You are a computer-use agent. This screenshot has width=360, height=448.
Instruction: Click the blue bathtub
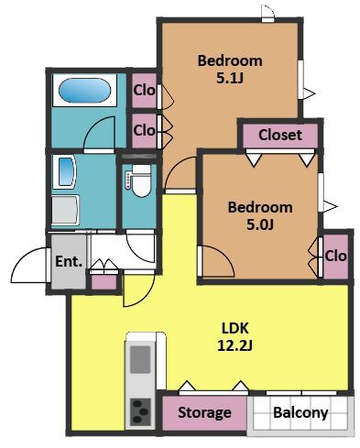click(x=84, y=90)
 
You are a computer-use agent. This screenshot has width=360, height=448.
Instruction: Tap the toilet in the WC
click(x=141, y=180)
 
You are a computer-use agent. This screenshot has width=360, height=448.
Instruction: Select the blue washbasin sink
click(x=66, y=171)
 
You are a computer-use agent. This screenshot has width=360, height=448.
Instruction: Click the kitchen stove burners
click(x=140, y=412)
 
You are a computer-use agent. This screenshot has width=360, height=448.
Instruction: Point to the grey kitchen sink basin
click(x=140, y=359)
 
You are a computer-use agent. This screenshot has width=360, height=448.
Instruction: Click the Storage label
click(x=204, y=412)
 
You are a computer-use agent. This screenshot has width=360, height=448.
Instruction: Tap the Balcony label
click(x=300, y=412)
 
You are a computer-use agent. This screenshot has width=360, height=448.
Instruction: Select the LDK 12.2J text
click(x=235, y=337)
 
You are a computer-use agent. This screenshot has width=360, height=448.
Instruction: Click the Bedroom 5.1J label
click(x=230, y=70)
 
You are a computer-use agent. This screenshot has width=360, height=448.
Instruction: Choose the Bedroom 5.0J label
click(x=260, y=216)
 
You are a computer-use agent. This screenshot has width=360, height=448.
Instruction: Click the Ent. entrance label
click(x=69, y=261)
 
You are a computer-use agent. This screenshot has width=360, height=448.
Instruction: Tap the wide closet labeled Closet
click(x=280, y=135)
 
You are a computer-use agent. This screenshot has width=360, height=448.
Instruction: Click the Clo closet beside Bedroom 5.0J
click(x=335, y=257)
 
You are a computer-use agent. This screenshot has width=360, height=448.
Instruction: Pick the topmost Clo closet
click(x=144, y=91)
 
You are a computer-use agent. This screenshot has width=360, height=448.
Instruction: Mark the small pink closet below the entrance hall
click(x=104, y=282)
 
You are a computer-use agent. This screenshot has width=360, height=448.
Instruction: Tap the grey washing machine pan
click(x=65, y=210)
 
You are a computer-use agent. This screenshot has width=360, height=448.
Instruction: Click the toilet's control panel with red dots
click(x=128, y=180)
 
